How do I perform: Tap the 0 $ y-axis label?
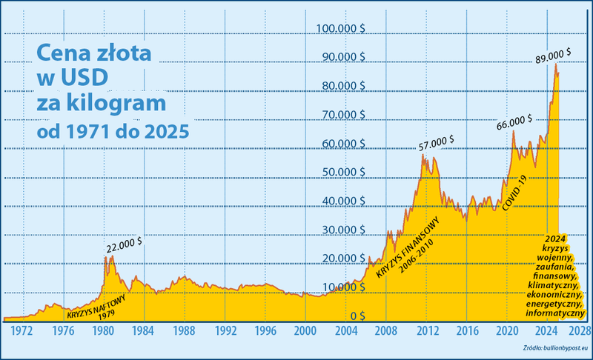pyautogui.click(x=358, y=316)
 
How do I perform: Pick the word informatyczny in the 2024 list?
pyautogui.click(x=554, y=313)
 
